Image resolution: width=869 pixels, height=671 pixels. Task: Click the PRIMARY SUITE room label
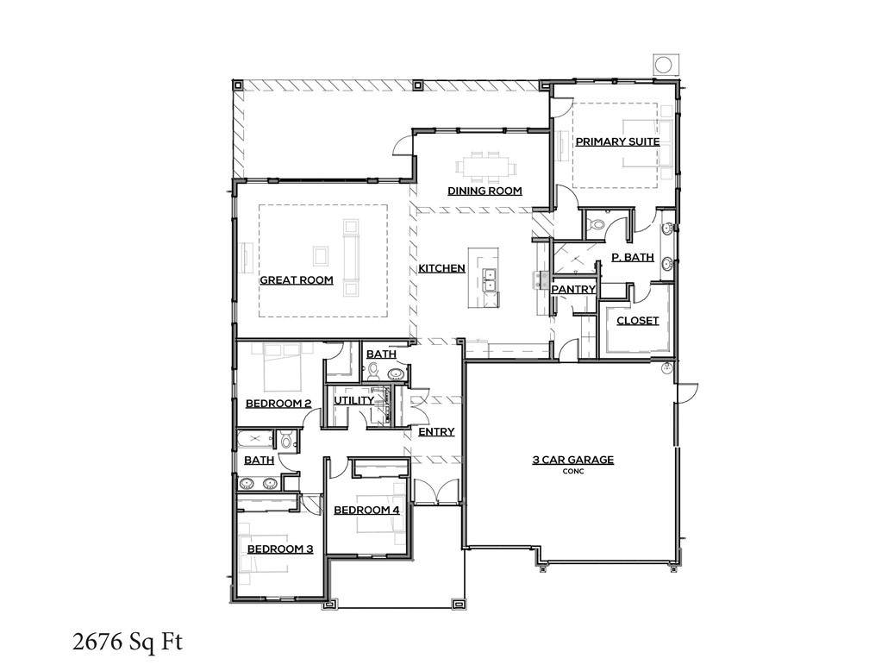pos(617,141)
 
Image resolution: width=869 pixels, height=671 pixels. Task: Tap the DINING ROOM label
pos(484,191)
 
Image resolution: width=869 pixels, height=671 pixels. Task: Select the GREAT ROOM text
pos(297,280)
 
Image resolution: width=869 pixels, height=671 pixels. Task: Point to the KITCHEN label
pos(441,269)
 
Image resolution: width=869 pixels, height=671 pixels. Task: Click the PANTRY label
pos(573,289)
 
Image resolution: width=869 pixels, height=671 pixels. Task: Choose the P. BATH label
pos(632,257)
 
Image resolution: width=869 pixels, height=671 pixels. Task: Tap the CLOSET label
pos(637,321)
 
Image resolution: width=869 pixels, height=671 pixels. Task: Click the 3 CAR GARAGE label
pos(572,460)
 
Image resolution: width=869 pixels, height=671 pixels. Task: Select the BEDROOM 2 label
pos(278,403)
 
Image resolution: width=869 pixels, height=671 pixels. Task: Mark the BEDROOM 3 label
pos(279,549)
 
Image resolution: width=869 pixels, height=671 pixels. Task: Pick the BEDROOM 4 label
pos(366,510)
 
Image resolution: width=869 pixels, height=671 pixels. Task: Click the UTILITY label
pos(354,400)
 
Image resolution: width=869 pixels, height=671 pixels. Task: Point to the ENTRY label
pos(436,432)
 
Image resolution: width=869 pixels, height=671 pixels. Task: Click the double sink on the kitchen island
pos(489,281)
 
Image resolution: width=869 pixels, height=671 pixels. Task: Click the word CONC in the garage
pos(572,472)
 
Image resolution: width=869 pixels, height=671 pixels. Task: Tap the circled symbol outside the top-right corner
pos(665,66)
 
